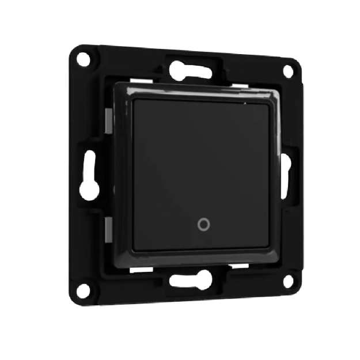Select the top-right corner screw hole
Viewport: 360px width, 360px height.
(287, 70)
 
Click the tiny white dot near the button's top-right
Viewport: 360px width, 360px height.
(245, 104)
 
